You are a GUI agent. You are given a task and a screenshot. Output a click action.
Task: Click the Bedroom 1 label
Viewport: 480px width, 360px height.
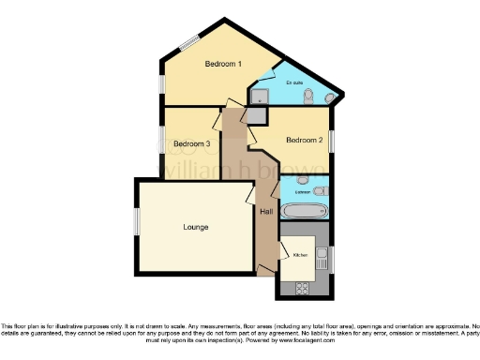(224, 64)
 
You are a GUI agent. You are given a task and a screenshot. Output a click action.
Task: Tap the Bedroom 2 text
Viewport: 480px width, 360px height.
(305, 141)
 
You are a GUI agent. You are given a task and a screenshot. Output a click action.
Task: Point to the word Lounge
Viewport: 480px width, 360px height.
(195, 227)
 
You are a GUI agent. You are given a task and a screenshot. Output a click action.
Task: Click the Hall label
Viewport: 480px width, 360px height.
(266, 212)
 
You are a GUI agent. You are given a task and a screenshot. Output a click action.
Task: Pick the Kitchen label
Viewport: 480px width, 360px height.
(300, 255)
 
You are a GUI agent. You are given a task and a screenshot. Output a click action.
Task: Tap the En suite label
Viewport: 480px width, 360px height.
(293, 83)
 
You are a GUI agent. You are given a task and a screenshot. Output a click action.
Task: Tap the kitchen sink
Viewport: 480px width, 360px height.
(322, 252)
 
